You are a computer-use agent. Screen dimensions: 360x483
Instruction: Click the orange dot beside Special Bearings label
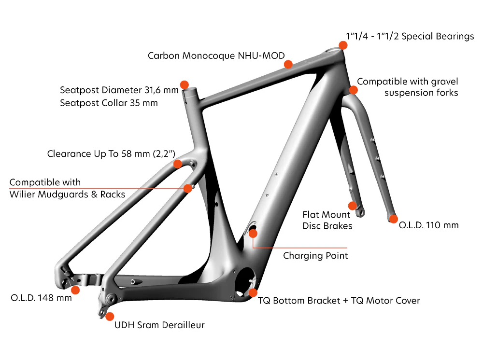343,45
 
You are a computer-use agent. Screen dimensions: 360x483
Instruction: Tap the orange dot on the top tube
288,64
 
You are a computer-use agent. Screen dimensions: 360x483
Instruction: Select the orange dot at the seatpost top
184,84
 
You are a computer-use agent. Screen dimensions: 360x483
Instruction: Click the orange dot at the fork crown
354,90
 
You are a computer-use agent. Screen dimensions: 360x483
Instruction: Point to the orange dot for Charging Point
253,234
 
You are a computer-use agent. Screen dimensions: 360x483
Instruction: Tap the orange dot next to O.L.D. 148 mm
75,290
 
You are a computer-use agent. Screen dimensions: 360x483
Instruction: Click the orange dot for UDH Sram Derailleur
110,317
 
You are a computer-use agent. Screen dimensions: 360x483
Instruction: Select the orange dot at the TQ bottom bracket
253,293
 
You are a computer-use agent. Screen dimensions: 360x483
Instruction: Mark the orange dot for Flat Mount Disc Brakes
353,206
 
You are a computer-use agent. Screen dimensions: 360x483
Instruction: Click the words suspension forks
421,93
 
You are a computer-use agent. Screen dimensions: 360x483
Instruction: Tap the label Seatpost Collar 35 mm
109,103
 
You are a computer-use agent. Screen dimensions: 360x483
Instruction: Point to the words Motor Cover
392,301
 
